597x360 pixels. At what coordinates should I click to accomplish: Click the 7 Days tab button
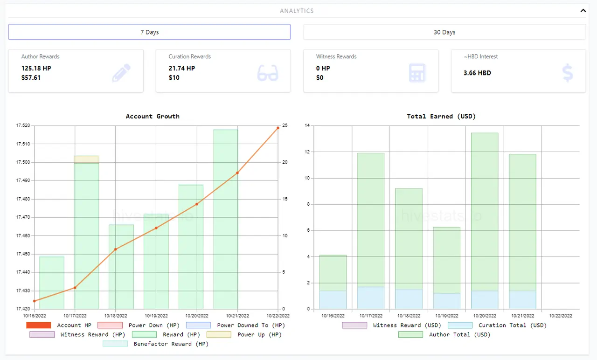(149, 32)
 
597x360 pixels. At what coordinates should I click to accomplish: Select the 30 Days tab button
(444, 32)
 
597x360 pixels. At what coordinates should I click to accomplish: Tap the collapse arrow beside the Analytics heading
(583, 11)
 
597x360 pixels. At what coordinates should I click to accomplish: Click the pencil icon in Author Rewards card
(121, 72)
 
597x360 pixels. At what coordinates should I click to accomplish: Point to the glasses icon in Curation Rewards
(268, 73)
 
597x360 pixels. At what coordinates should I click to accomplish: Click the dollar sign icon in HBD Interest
(568, 72)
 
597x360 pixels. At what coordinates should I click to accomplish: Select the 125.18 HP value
(36, 68)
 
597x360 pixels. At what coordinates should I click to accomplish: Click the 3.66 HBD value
(477, 73)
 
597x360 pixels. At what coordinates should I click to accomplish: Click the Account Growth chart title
(153, 116)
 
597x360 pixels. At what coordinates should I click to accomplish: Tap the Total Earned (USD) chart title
(441, 116)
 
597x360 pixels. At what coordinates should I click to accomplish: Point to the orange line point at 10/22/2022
(278, 128)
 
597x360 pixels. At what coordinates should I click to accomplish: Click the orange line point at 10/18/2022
(115, 249)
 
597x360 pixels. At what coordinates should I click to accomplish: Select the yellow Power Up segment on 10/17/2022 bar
(87, 159)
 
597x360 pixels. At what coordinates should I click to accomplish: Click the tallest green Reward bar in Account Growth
(225, 219)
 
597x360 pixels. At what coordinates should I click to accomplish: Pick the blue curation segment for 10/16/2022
(333, 300)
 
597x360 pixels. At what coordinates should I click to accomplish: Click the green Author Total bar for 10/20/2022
(485, 212)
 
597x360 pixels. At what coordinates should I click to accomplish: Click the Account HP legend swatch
(38, 325)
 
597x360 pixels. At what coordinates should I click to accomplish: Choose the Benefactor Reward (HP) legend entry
(156, 344)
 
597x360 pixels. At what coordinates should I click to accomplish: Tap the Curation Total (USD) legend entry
(497, 325)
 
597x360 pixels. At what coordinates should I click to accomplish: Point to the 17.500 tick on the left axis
(23, 162)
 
